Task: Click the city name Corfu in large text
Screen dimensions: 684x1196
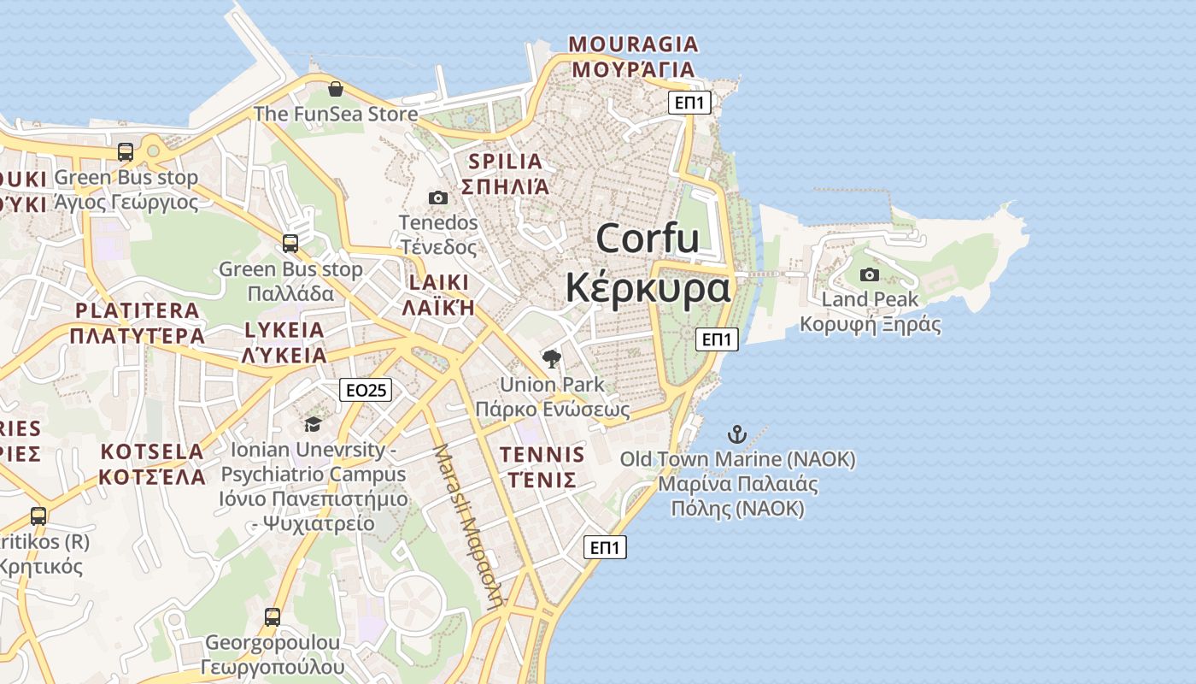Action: (x=648, y=238)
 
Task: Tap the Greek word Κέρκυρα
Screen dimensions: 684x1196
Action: (x=648, y=288)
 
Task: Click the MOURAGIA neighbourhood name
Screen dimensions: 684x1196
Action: (x=633, y=44)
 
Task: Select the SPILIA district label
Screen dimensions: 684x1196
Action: (x=505, y=161)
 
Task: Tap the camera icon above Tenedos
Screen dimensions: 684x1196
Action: (x=437, y=198)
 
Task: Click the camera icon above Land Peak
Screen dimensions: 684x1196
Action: (x=870, y=274)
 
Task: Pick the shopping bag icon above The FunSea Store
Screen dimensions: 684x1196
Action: (x=336, y=89)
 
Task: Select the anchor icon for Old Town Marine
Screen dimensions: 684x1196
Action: (x=736, y=434)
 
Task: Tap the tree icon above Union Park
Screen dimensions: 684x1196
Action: (x=552, y=359)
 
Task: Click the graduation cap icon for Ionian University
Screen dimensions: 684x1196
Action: (x=313, y=424)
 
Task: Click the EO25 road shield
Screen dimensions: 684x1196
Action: (x=365, y=390)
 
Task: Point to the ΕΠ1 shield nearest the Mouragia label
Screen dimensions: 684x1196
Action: (x=689, y=103)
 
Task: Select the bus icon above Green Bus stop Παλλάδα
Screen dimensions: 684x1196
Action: (x=290, y=244)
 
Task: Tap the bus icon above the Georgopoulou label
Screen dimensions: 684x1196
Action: (x=273, y=617)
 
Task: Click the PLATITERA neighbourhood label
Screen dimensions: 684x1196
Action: (x=137, y=310)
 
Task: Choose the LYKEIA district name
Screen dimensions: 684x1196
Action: (x=284, y=330)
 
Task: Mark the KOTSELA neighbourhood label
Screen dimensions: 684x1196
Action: (x=152, y=451)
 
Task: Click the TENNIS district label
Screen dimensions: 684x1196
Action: (x=542, y=454)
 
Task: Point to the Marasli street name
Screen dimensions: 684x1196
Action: (x=468, y=526)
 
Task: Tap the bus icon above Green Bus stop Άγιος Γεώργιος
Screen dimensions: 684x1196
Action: (x=126, y=152)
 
